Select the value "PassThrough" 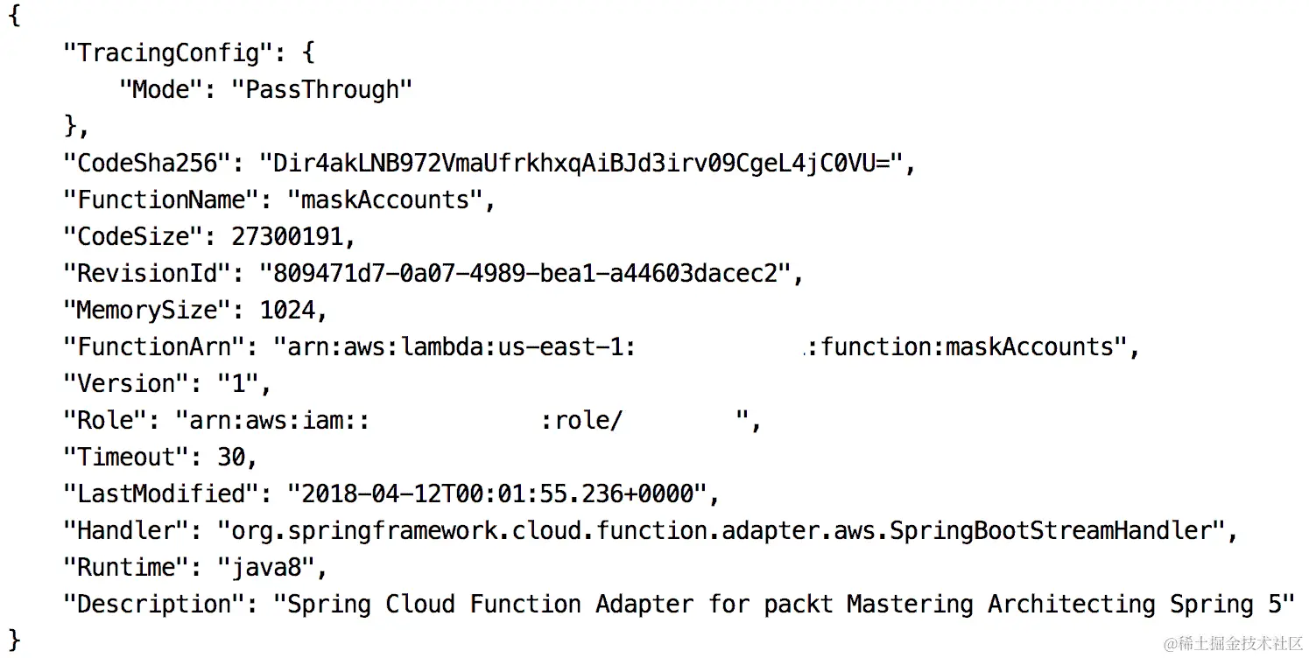[321, 90]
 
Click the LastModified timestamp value [496, 494]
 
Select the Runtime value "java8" [265, 568]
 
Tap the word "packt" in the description [798, 605]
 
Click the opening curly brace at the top [14, 17]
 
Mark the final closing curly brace [14, 637]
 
